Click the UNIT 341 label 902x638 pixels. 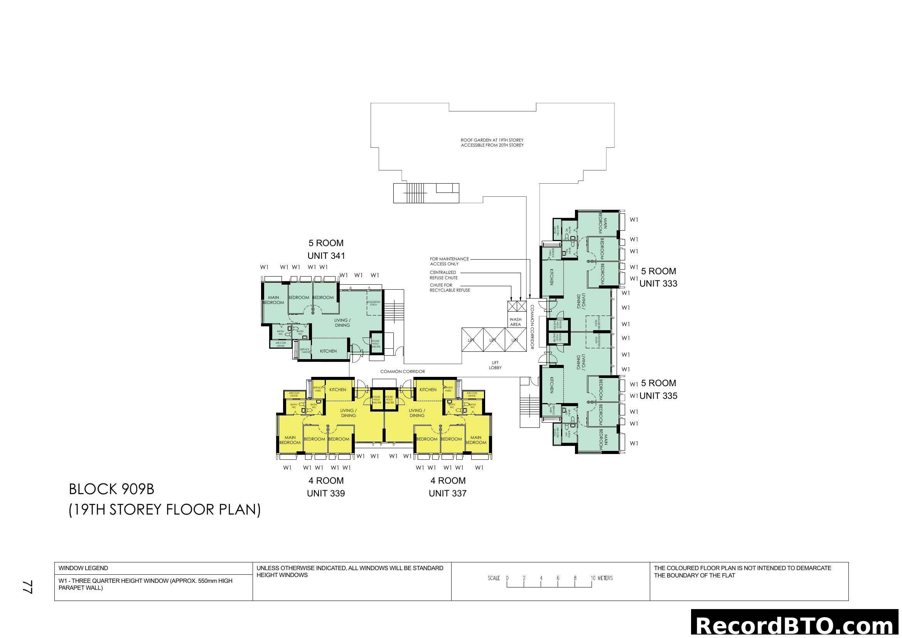[x=326, y=256]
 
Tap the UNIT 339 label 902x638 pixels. [x=326, y=493]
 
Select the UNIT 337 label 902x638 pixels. [x=447, y=493]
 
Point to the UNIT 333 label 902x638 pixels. [x=658, y=284]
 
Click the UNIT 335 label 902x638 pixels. [x=658, y=396]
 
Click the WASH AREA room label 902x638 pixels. [x=516, y=322]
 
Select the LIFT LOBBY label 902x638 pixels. [x=495, y=365]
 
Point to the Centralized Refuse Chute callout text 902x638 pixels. [x=443, y=275]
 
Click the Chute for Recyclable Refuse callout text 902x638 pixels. [x=449, y=288]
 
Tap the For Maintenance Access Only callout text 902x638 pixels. [x=449, y=261]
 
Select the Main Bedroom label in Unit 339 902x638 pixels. [x=290, y=440]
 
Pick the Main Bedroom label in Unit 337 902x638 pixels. [x=476, y=440]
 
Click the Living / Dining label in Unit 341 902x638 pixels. [x=342, y=323]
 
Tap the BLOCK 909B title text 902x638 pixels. [x=111, y=489]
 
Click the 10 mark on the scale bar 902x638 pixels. [x=593, y=578]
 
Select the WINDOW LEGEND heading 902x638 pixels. [x=83, y=568]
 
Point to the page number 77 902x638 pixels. [x=27, y=587]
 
